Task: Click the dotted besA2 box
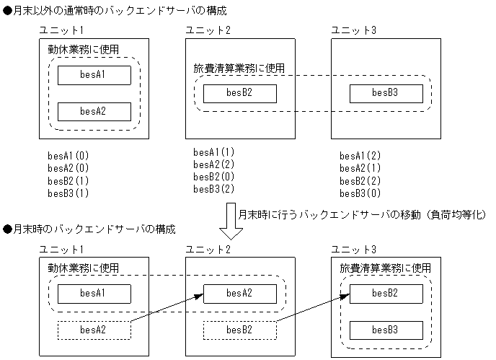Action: coord(94,330)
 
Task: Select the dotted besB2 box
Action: coord(239,330)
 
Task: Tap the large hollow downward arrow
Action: coord(232,223)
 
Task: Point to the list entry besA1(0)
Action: coord(68,156)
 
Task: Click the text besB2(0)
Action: coord(214,177)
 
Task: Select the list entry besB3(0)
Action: coord(360,193)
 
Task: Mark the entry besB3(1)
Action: coord(68,193)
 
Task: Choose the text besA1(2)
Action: coord(360,156)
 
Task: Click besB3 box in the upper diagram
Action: coord(385,93)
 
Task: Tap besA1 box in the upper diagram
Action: coord(94,75)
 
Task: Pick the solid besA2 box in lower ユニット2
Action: coord(239,294)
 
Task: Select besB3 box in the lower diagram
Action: coord(385,330)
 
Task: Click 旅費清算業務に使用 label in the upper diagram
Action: coord(239,69)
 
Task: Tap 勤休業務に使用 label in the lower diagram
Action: coord(83,268)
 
